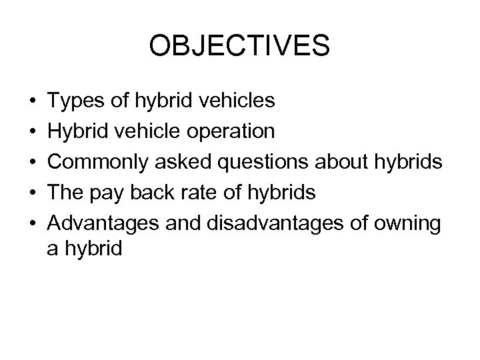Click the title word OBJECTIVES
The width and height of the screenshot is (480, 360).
(239, 47)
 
